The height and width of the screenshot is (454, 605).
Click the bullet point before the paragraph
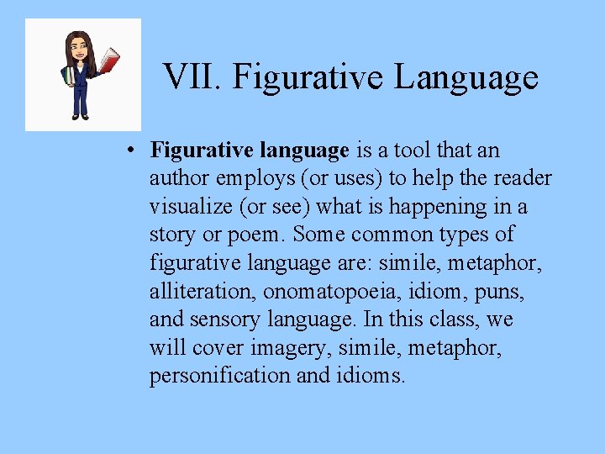tap(132, 151)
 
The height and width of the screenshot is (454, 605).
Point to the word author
tap(176, 178)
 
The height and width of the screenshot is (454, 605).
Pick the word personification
tap(220, 376)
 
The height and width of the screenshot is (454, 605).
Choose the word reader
tap(525, 178)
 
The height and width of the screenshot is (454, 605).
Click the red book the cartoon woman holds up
tap(109, 61)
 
